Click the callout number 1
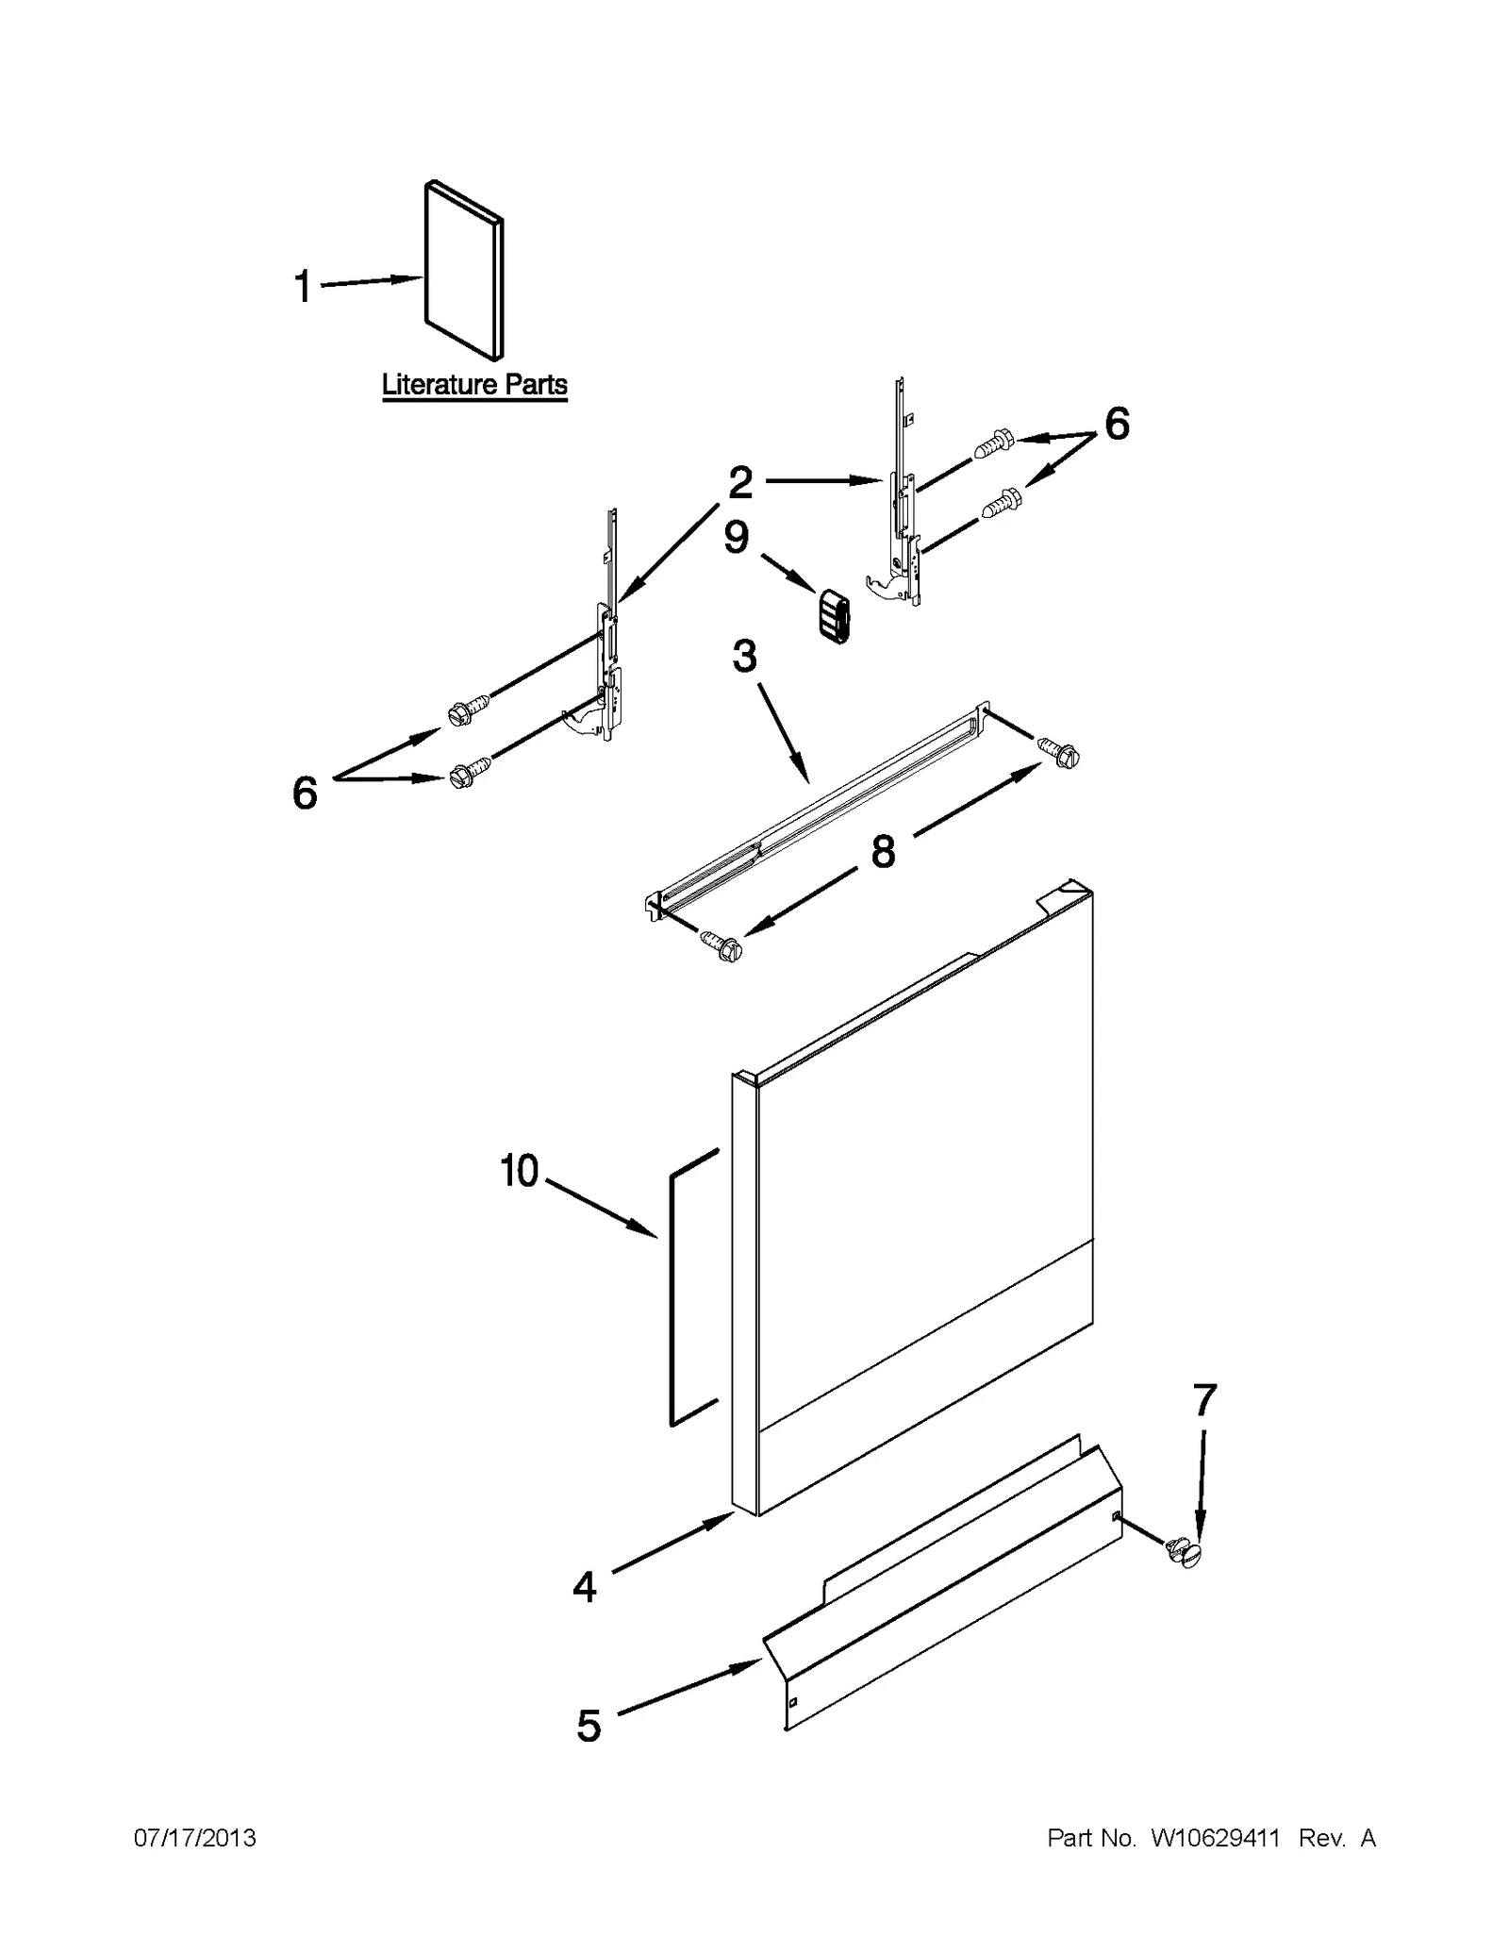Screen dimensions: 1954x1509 click(x=303, y=287)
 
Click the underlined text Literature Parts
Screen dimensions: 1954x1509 click(x=474, y=385)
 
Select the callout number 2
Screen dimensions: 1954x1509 click(x=740, y=483)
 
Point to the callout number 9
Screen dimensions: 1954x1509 click(x=737, y=537)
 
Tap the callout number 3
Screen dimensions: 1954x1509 click(x=745, y=656)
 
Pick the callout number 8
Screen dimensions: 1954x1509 click(x=883, y=851)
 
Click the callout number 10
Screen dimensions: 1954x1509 click(x=520, y=1171)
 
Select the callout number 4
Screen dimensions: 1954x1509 click(x=585, y=1586)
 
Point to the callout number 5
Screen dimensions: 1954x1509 click(x=589, y=1726)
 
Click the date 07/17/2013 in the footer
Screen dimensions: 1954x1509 click(x=195, y=1838)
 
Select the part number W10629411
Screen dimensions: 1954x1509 click(x=1215, y=1838)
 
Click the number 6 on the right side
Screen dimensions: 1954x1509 click(x=1117, y=425)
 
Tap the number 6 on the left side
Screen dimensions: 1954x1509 click(x=305, y=793)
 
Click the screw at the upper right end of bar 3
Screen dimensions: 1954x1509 click(x=1060, y=752)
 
